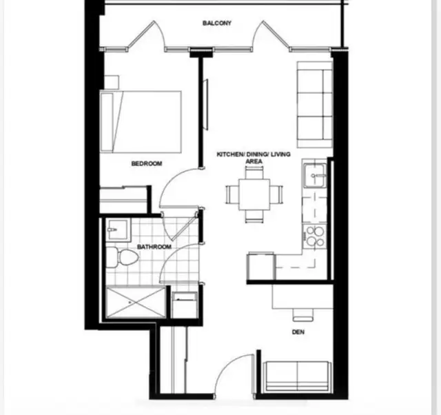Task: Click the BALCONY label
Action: (216, 23)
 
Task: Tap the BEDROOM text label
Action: (146, 163)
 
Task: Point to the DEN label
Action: (298, 332)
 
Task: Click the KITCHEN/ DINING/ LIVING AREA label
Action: (253, 158)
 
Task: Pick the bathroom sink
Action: (115, 230)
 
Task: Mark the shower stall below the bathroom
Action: (134, 302)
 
